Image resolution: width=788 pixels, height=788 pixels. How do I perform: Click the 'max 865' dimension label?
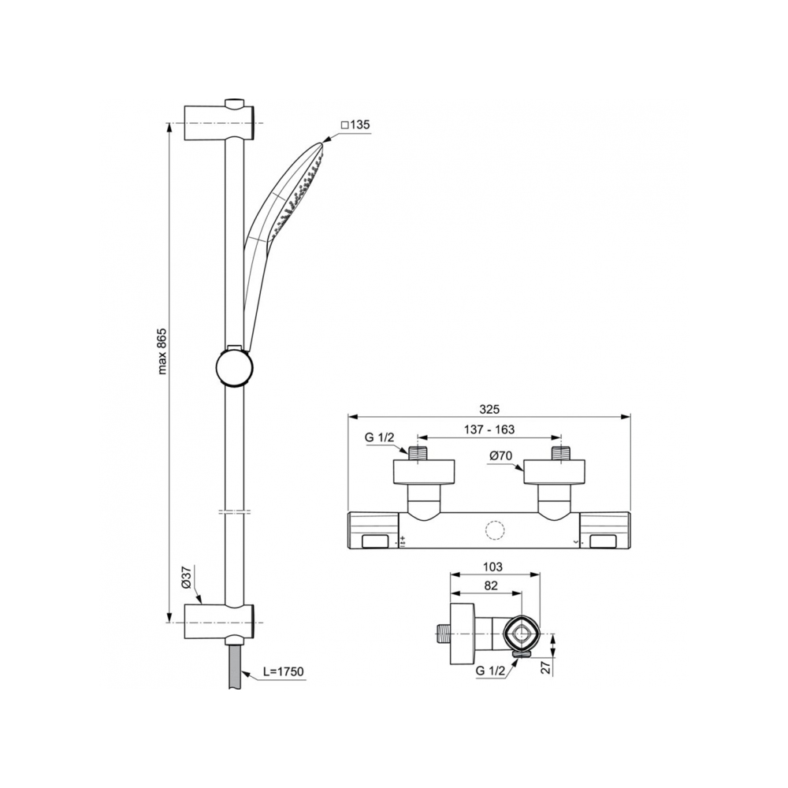(x=162, y=351)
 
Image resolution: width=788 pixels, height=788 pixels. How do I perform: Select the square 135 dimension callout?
(x=355, y=125)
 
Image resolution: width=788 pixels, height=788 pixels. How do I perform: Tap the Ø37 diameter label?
(x=185, y=578)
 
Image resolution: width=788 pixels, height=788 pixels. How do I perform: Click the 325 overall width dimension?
(x=489, y=409)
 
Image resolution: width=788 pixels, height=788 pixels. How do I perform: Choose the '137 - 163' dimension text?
(x=489, y=429)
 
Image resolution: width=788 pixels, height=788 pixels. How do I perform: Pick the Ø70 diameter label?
(x=500, y=456)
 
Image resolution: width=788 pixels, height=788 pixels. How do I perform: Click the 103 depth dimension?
(x=492, y=567)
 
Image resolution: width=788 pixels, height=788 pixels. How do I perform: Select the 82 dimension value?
(x=491, y=585)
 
